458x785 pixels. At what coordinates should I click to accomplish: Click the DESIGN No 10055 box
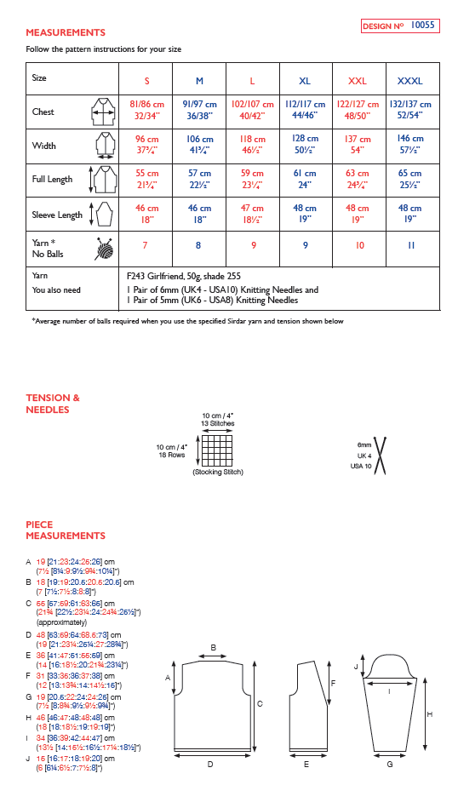click(399, 26)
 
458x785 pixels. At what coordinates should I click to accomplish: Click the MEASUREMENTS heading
click(66, 32)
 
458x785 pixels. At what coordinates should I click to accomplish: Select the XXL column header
click(358, 80)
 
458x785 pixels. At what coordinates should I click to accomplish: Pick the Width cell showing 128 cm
click(305, 144)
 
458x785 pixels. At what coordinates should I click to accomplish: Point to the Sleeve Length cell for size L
click(253, 214)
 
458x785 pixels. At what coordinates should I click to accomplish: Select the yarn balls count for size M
click(199, 246)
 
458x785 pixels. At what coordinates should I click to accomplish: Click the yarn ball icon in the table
click(105, 248)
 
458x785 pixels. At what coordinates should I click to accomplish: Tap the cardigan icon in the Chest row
click(103, 112)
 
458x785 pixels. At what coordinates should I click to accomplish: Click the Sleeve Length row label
click(57, 215)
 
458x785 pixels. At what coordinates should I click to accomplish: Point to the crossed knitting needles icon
click(379, 455)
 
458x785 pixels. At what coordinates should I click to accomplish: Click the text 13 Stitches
click(217, 422)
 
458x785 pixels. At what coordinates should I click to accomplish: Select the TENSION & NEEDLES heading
click(53, 403)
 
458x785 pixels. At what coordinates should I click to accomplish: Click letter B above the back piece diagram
click(213, 647)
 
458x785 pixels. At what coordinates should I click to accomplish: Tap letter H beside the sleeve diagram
click(428, 713)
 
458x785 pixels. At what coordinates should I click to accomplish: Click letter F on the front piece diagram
click(332, 682)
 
